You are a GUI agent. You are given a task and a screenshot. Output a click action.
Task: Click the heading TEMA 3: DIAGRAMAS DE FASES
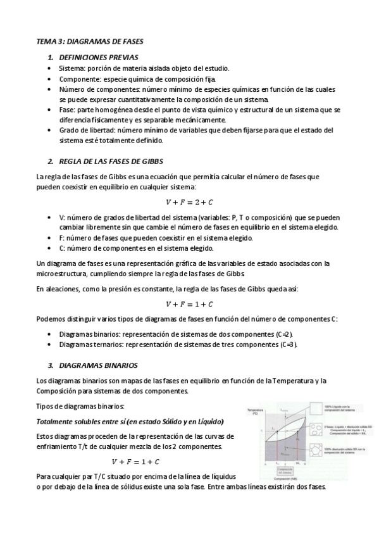click(x=90, y=41)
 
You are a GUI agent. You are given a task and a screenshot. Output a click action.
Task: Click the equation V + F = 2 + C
click(x=189, y=202)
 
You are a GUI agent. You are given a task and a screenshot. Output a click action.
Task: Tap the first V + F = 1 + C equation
click(x=189, y=304)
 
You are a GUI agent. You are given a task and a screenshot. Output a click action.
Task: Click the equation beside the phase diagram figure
click(x=135, y=461)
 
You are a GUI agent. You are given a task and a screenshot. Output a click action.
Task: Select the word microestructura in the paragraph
click(x=66, y=274)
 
